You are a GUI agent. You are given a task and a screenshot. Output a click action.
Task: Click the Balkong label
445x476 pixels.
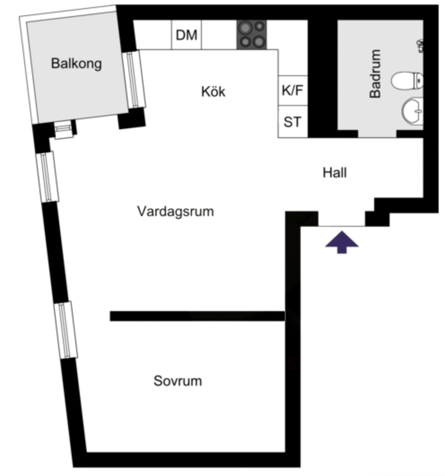pos(76,64)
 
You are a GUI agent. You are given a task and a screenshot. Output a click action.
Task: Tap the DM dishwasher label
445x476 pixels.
pos(187,35)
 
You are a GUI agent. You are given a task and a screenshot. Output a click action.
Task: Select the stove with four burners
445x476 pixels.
pos(252,35)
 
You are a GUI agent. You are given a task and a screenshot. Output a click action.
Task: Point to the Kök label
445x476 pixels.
pos(213,91)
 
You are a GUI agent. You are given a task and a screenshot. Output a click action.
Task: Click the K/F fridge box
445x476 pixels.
pos(293,91)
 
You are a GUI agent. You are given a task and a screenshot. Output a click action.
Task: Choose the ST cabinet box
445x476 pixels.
pos(293,122)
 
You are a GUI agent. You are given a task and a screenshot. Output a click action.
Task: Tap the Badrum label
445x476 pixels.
pos(375,74)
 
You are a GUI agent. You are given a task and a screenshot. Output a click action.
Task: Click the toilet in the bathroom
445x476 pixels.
pos(407,81)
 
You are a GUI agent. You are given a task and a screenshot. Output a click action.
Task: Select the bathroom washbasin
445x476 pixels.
pos(413,111)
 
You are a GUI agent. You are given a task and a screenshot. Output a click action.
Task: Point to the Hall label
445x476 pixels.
pos(335,173)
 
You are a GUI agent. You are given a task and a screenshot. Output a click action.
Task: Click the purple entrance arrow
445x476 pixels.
pos(342,242)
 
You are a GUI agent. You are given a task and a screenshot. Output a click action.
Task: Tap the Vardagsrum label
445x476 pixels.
pos(175,211)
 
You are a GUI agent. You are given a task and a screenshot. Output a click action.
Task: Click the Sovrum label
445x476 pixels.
pos(178,381)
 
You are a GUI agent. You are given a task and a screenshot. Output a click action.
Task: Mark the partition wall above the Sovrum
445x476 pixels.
pos(197,316)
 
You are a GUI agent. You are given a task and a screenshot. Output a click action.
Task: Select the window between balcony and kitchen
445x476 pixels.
pos(134,79)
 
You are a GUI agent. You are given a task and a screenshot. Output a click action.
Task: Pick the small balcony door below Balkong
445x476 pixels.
pos(64,130)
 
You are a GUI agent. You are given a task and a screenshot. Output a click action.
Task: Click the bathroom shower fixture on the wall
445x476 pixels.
pos(420,46)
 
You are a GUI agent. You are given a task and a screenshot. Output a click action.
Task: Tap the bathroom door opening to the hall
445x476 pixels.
pos(377,134)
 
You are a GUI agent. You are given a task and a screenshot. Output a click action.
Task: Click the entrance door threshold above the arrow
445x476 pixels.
pos(341,226)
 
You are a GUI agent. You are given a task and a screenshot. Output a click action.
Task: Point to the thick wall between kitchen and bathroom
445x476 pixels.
pos(323,78)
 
